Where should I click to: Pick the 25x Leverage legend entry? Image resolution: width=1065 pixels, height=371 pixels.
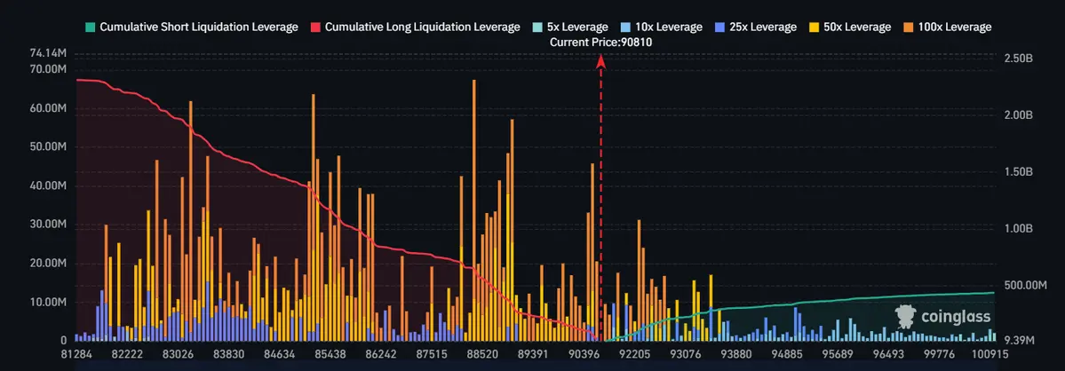tap(760, 27)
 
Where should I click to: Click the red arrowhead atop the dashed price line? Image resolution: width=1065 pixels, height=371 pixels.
tap(601, 61)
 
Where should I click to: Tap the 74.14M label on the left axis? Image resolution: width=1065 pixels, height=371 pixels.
tap(48, 54)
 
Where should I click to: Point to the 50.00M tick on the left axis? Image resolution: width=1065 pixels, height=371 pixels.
tap(48, 147)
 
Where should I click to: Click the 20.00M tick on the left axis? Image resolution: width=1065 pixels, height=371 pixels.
tap(48, 264)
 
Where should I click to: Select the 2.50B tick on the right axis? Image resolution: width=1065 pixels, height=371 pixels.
tap(1018, 59)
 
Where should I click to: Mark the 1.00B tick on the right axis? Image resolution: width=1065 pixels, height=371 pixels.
tap(1018, 228)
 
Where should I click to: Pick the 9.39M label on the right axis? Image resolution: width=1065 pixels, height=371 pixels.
tap(1018, 340)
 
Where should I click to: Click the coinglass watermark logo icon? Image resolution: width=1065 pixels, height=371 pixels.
tap(906, 315)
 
